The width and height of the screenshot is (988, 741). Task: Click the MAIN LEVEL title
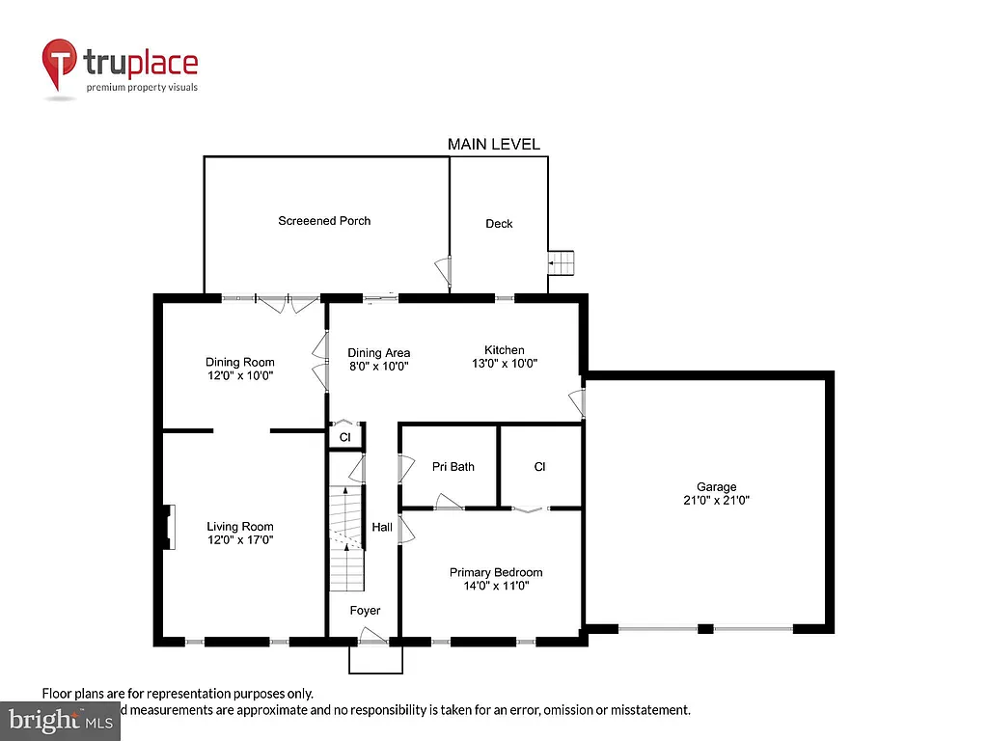tap(493, 144)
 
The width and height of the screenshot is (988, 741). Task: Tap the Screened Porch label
tap(324, 221)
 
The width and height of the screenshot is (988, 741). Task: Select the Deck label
tap(499, 224)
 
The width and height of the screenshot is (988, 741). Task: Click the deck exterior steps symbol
tap(562, 262)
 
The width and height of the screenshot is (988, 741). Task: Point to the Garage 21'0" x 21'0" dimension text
tap(717, 501)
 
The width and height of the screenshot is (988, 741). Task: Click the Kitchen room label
tap(505, 350)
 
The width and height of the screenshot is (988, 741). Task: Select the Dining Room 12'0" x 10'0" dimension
tap(239, 376)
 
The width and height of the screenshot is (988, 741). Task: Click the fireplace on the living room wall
tap(169, 527)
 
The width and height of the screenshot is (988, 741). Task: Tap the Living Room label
tap(240, 527)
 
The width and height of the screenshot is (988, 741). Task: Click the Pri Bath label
tap(453, 467)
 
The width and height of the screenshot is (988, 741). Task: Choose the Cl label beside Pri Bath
tap(539, 467)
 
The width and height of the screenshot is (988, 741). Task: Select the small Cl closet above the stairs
tap(344, 437)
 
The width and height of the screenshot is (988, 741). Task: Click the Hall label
tap(382, 528)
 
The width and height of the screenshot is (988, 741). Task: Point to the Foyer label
tap(365, 611)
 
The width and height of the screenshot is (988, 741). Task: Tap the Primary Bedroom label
tap(496, 572)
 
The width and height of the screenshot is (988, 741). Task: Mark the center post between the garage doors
tap(705, 629)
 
